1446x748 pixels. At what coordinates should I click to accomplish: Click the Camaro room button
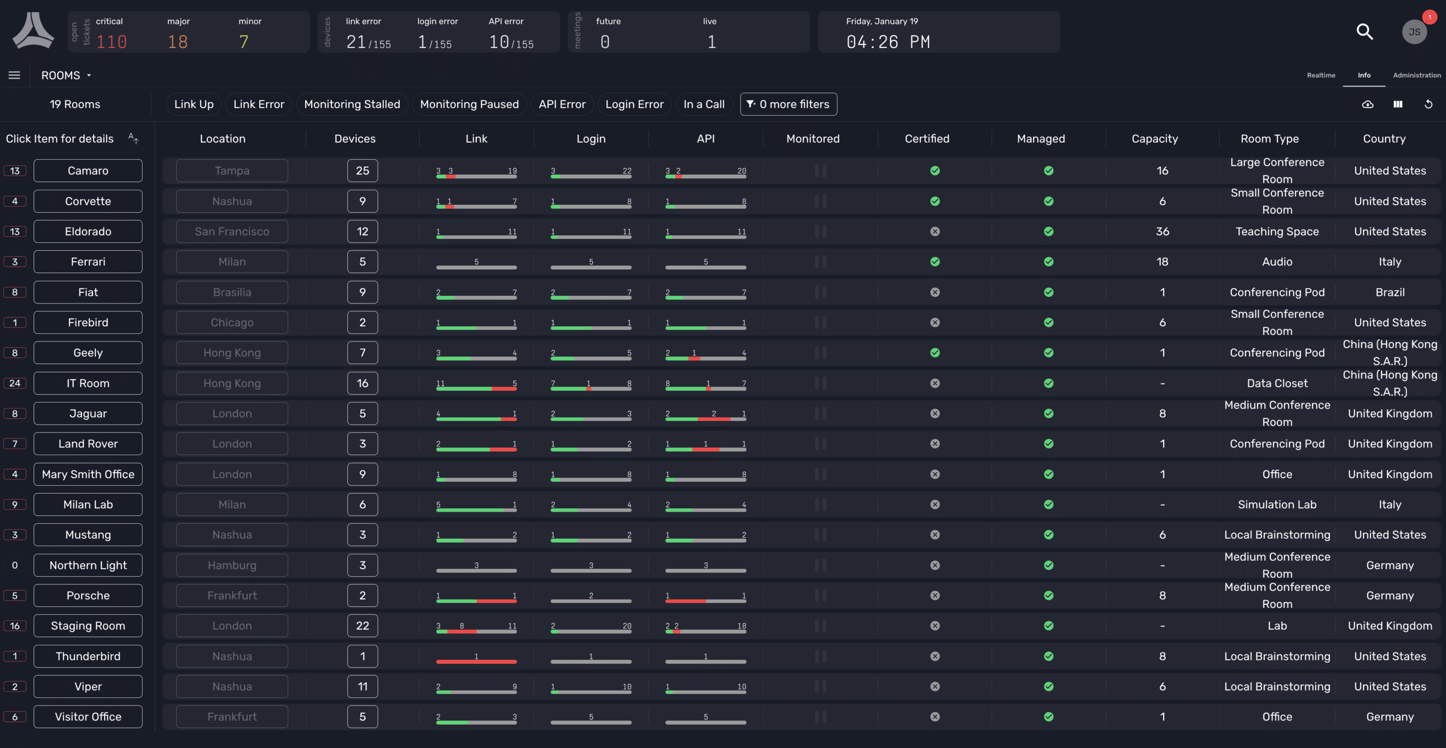88,171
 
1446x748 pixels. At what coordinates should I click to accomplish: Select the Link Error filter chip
258,105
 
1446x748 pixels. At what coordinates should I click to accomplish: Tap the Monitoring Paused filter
469,105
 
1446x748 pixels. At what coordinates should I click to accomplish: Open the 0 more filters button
788,105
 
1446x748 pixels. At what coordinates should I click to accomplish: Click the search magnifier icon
1364,32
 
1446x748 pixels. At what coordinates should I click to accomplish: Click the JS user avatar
1413,32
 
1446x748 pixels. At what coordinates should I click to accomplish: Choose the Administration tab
1416,75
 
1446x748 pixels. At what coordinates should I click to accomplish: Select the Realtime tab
1320,75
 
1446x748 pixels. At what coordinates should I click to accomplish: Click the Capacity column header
1154,139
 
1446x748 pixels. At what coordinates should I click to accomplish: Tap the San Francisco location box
232,231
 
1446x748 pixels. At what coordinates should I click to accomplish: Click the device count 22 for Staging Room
362,625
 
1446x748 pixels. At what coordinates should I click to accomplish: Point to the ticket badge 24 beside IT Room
15,383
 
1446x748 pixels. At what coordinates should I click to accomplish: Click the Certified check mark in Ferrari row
935,262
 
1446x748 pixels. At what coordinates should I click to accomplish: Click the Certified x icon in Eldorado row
935,231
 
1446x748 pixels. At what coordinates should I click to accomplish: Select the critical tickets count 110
111,42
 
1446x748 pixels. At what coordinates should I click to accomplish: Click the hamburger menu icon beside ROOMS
14,75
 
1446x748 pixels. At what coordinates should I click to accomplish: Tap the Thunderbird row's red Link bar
476,661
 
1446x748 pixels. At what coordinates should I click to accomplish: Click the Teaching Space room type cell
1276,231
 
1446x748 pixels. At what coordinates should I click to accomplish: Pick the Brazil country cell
1389,292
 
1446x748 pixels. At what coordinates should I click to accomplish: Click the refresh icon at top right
1428,105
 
